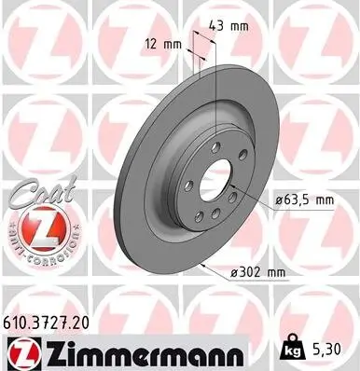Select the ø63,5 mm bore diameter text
click(304, 199)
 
